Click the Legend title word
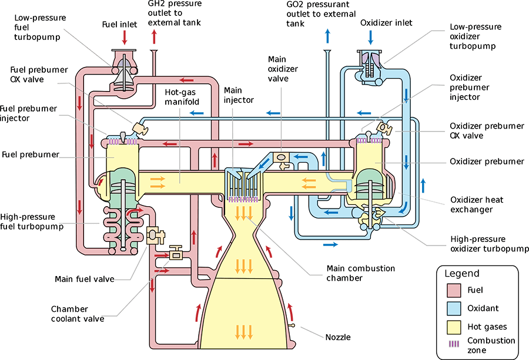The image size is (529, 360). [462, 274]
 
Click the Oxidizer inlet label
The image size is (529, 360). [386, 23]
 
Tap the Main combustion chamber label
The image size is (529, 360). [361, 273]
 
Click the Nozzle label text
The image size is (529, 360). [339, 337]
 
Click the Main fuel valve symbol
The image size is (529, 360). [154, 235]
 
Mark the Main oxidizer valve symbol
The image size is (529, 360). [282, 159]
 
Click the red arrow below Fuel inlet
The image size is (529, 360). [123, 37]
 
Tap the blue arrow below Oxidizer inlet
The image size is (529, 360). [370, 37]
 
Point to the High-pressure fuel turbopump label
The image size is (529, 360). [32, 222]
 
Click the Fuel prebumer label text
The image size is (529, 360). [31, 154]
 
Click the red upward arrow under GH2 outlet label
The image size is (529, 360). [155, 37]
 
